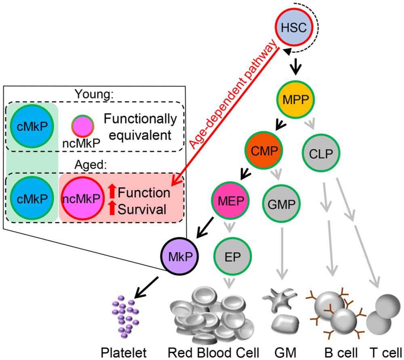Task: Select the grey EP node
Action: [232, 256]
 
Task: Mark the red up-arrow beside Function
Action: [112, 191]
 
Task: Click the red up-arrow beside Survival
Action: [112, 210]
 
